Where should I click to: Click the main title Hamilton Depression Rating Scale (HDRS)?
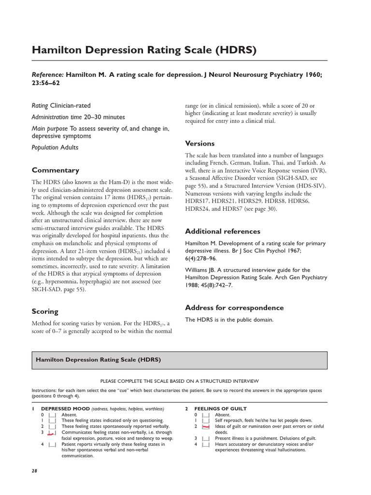(x=144, y=50)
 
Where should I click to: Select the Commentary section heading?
(x=56, y=170)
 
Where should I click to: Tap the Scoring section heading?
(x=45, y=311)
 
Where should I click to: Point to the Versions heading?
(x=200, y=144)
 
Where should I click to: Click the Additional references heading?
(x=223, y=231)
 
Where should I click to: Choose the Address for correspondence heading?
(x=234, y=307)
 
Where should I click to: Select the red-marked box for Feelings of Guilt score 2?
(x=205, y=427)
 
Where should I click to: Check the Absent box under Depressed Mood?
(x=52, y=415)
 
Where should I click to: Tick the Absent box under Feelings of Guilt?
(x=205, y=415)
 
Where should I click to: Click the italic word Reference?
(x=47, y=75)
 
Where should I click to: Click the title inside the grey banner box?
(x=99, y=360)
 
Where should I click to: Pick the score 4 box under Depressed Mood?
(x=52, y=444)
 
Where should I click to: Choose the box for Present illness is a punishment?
(x=205, y=438)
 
